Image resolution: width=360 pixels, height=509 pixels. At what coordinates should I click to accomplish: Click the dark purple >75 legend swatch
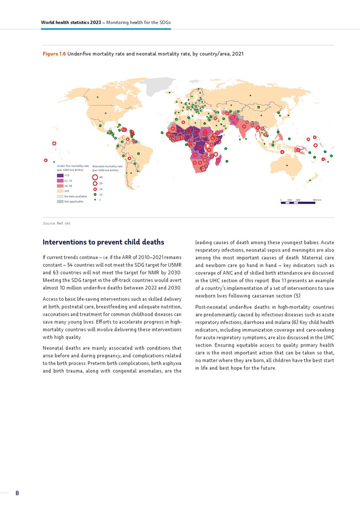(60, 176)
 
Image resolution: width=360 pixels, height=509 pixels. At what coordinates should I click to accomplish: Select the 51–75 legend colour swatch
(60, 181)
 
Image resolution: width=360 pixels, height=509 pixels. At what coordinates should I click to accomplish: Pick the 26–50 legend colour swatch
(60, 186)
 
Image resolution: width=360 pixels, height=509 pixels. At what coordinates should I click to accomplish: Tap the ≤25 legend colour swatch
(60, 191)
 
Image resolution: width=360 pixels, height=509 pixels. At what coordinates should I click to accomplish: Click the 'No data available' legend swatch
(60, 196)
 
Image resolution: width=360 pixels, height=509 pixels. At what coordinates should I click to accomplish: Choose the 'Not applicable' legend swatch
(60, 202)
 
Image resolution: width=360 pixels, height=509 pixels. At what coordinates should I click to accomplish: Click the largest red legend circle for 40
(95, 177)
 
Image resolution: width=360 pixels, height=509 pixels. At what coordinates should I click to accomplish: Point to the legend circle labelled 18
(95, 189)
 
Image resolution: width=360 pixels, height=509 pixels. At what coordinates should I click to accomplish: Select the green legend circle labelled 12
(95, 194)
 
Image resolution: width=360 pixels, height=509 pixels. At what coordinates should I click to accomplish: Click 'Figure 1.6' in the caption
(54, 53)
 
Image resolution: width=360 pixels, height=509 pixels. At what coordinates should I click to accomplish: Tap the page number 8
(17, 493)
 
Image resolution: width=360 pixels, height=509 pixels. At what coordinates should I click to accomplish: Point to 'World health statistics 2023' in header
(70, 23)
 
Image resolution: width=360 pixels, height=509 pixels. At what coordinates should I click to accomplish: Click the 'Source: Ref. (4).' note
(57, 223)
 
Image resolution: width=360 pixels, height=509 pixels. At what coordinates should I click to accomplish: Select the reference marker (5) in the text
(297, 296)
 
